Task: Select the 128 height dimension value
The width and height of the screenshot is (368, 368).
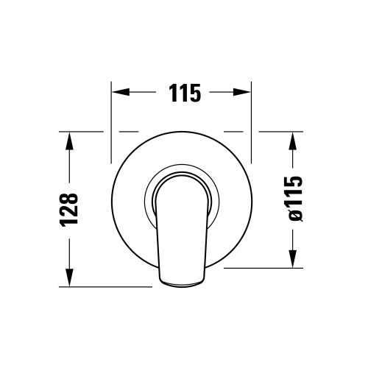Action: pos(68,210)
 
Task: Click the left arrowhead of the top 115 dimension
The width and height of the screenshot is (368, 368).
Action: pos(117,93)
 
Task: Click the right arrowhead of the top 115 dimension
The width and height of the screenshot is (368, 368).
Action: pos(246,93)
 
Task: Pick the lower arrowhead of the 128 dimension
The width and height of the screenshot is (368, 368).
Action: pos(70,282)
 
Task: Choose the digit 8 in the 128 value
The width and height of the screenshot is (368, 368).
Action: pos(68,198)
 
